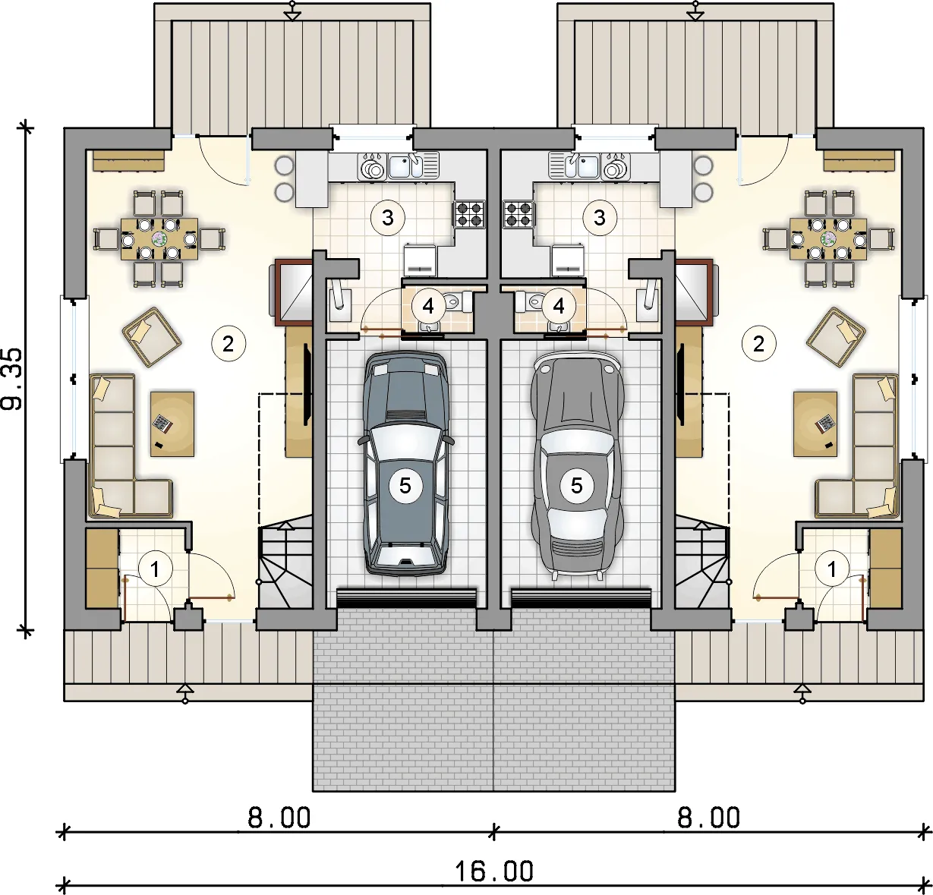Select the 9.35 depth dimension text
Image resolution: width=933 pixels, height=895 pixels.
pos(11,379)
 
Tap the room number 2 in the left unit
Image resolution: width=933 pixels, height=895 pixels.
pos(229,344)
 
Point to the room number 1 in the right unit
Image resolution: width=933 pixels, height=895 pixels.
pos(832,569)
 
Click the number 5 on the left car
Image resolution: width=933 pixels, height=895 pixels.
pos(405,486)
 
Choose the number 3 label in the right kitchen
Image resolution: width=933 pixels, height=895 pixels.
pos(599,218)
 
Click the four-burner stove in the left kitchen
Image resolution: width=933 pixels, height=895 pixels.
pos(469,214)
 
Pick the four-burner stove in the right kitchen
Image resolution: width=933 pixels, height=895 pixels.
pos(519,214)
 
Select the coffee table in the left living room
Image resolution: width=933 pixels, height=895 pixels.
pos(172,424)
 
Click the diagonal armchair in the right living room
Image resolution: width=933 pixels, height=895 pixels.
pos(836,337)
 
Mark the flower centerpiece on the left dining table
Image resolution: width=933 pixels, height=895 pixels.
pos(159,238)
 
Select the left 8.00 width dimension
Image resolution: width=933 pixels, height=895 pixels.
pos(279,818)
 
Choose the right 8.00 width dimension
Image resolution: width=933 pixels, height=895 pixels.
pos(708,818)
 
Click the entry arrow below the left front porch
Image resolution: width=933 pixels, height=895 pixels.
pos(185,693)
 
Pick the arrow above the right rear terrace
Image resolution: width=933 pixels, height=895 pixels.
pos(695,11)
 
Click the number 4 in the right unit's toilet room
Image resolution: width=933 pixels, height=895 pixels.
pos(559,305)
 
